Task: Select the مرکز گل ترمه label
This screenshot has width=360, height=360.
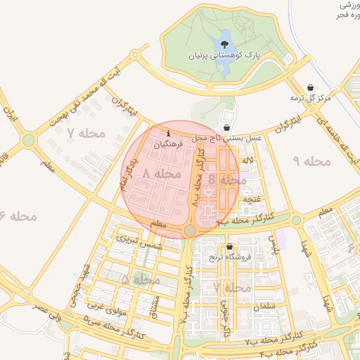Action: (x=314, y=98)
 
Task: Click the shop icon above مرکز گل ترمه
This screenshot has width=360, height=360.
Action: (x=311, y=87)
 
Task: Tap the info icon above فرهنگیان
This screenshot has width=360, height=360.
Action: (x=167, y=132)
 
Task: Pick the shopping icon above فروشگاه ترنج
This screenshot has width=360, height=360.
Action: (x=230, y=247)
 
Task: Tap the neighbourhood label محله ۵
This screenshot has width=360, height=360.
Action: (x=141, y=280)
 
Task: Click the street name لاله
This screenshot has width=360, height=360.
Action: (x=247, y=161)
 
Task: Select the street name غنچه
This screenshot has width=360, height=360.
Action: (x=251, y=199)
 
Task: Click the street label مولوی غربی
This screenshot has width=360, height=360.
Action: (x=107, y=307)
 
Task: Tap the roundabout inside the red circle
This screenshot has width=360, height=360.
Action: (x=190, y=231)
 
